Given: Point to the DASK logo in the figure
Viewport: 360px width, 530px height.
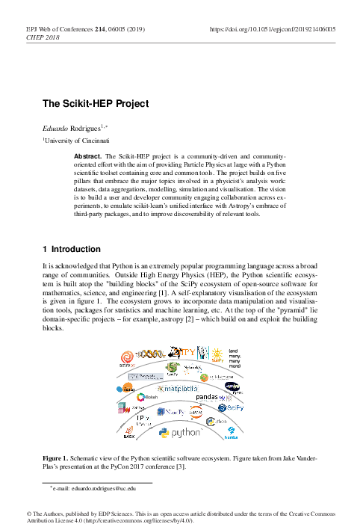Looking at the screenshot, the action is click(x=128, y=432).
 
